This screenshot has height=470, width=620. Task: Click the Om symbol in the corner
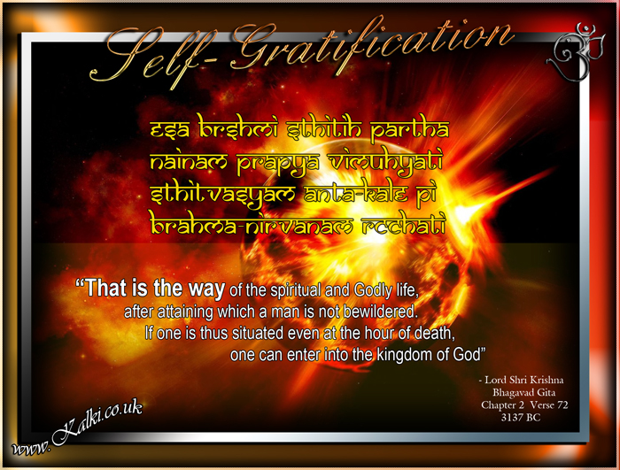576,52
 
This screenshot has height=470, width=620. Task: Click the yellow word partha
409,129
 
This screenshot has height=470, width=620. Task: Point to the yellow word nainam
189,162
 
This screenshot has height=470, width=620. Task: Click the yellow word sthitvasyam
222,196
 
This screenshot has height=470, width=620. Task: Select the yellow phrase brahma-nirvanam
252,226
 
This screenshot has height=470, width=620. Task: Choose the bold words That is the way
151,289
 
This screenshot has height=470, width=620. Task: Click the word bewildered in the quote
381,312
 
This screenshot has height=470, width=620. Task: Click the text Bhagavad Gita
524,392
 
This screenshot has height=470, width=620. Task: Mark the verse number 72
562,405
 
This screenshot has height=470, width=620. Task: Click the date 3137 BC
521,418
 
